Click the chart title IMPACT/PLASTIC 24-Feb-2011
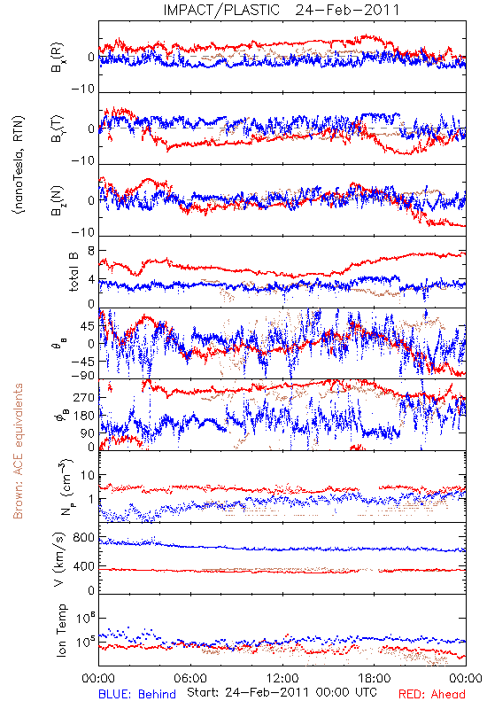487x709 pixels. pyautogui.click(x=282, y=10)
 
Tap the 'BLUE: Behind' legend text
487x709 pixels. pyautogui.click(x=137, y=694)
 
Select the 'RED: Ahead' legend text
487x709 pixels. pyautogui.click(x=431, y=694)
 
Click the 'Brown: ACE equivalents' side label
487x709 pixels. pyautogui.click(x=18, y=451)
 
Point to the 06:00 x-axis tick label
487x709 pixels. pyautogui.click(x=190, y=678)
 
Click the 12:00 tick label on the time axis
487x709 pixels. pyautogui.click(x=282, y=678)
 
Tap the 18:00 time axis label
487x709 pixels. pyautogui.click(x=375, y=678)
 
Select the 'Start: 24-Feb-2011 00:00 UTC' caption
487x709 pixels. pyautogui.click(x=282, y=692)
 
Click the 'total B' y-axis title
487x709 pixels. pyautogui.click(x=73, y=271)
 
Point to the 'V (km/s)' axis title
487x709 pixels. pyautogui.click(x=59, y=559)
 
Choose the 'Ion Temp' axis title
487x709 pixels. pyautogui.click(x=61, y=630)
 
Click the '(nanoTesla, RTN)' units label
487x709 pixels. pyautogui.click(x=19, y=165)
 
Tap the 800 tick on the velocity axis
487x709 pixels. pyautogui.click(x=84, y=538)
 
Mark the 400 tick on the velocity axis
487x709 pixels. pyautogui.click(x=84, y=566)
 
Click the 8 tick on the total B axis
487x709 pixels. pyautogui.click(x=91, y=251)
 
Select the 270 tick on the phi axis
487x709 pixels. pyautogui.click(x=84, y=397)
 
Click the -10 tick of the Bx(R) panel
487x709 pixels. pyautogui.click(x=83, y=89)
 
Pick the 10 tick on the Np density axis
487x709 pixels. pyautogui.click(x=88, y=475)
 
